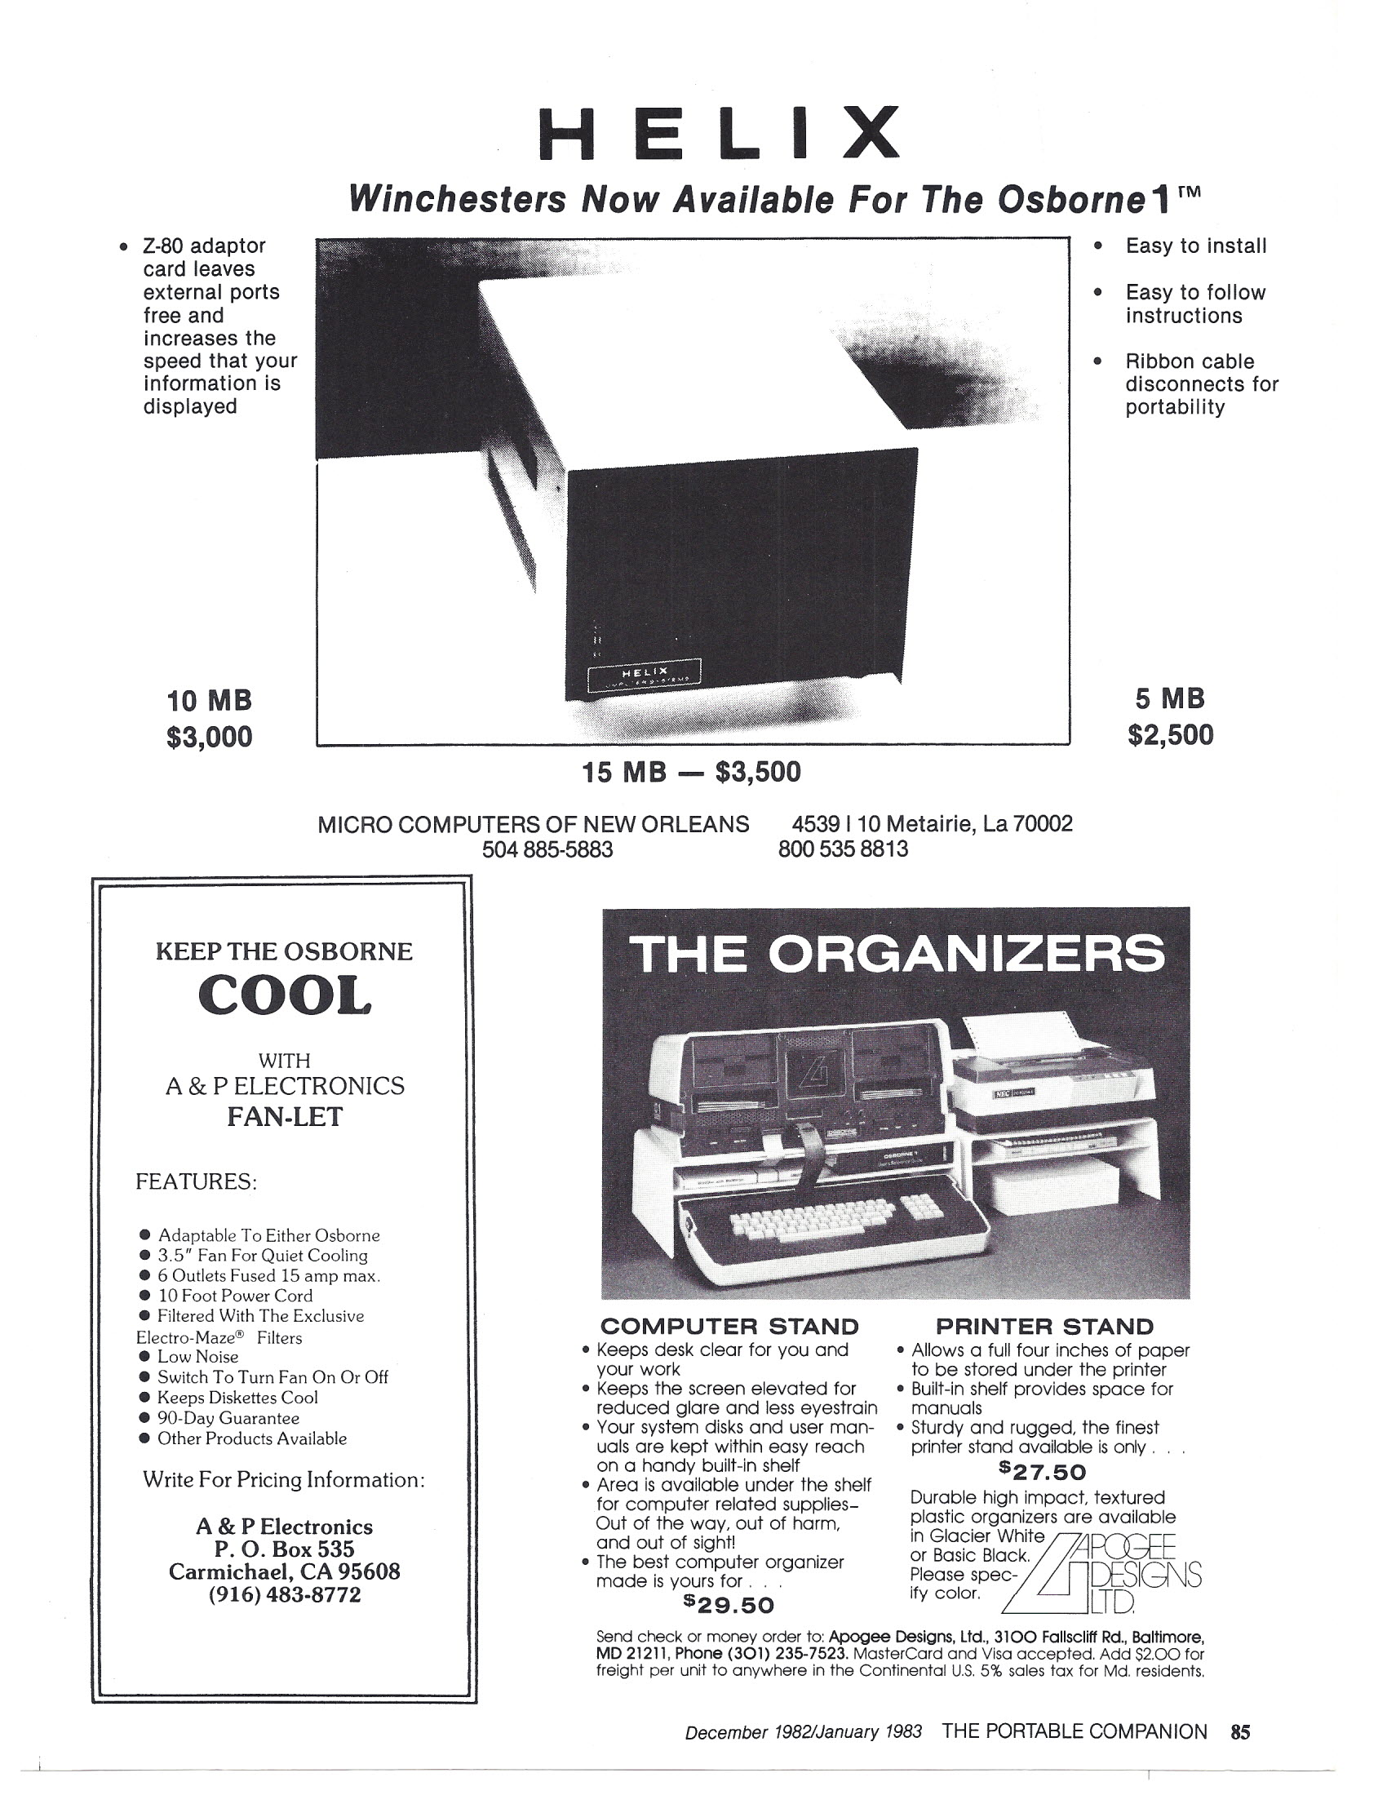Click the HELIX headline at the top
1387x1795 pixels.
point(720,133)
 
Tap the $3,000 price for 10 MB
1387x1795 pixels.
point(209,738)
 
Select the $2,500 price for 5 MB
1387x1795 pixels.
point(1170,735)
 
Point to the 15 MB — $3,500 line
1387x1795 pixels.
point(691,773)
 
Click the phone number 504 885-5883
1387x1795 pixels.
point(547,849)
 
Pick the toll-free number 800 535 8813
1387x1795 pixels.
point(843,849)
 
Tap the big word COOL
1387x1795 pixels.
point(284,996)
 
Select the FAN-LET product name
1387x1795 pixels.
point(284,1117)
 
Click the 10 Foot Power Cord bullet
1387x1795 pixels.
point(235,1296)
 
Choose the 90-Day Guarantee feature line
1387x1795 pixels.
point(228,1418)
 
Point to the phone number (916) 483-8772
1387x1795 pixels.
point(284,1595)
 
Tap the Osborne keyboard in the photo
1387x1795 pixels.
point(830,1220)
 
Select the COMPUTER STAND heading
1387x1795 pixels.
point(729,1327)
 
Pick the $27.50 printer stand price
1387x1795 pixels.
point(1043,1472)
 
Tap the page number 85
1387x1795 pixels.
point(1240,1731)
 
